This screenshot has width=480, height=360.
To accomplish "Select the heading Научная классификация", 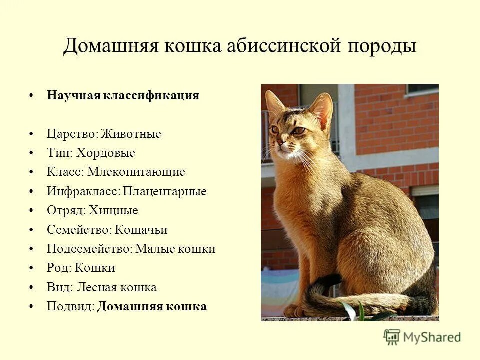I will pyautogui.click(x=123, y=95).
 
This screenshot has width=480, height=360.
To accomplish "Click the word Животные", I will pyautogui.click(x=131, y=134).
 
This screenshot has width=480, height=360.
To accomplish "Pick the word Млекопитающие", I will pyautogui.click(x=136, y=172).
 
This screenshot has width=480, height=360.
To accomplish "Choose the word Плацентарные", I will pyautogui.click(x=165, y=191).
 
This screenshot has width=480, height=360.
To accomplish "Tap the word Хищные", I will pyautogui.click(x=113, y=210).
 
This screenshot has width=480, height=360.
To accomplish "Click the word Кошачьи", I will pyautogui.click(x=141, y=230).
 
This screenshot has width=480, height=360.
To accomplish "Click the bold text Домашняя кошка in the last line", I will pyautogui.click(x=152, y=306).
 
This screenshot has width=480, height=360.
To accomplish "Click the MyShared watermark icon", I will pyautogui.click(x=392, y=337).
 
